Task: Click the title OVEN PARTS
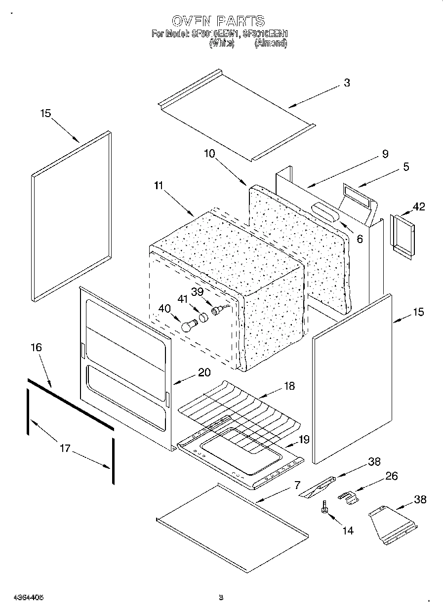click(218, 21)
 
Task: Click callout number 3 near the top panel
click(347, 83)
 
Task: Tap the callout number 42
click(418, 207)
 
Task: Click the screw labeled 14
click(325, 507)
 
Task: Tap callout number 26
click(391, 476)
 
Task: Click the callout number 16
click(36, 347)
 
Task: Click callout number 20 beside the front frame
click(204, 372)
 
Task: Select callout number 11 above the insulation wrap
click(158, 186)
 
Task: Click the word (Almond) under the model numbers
click(270, 43)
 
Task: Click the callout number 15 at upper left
click(45, 114)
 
